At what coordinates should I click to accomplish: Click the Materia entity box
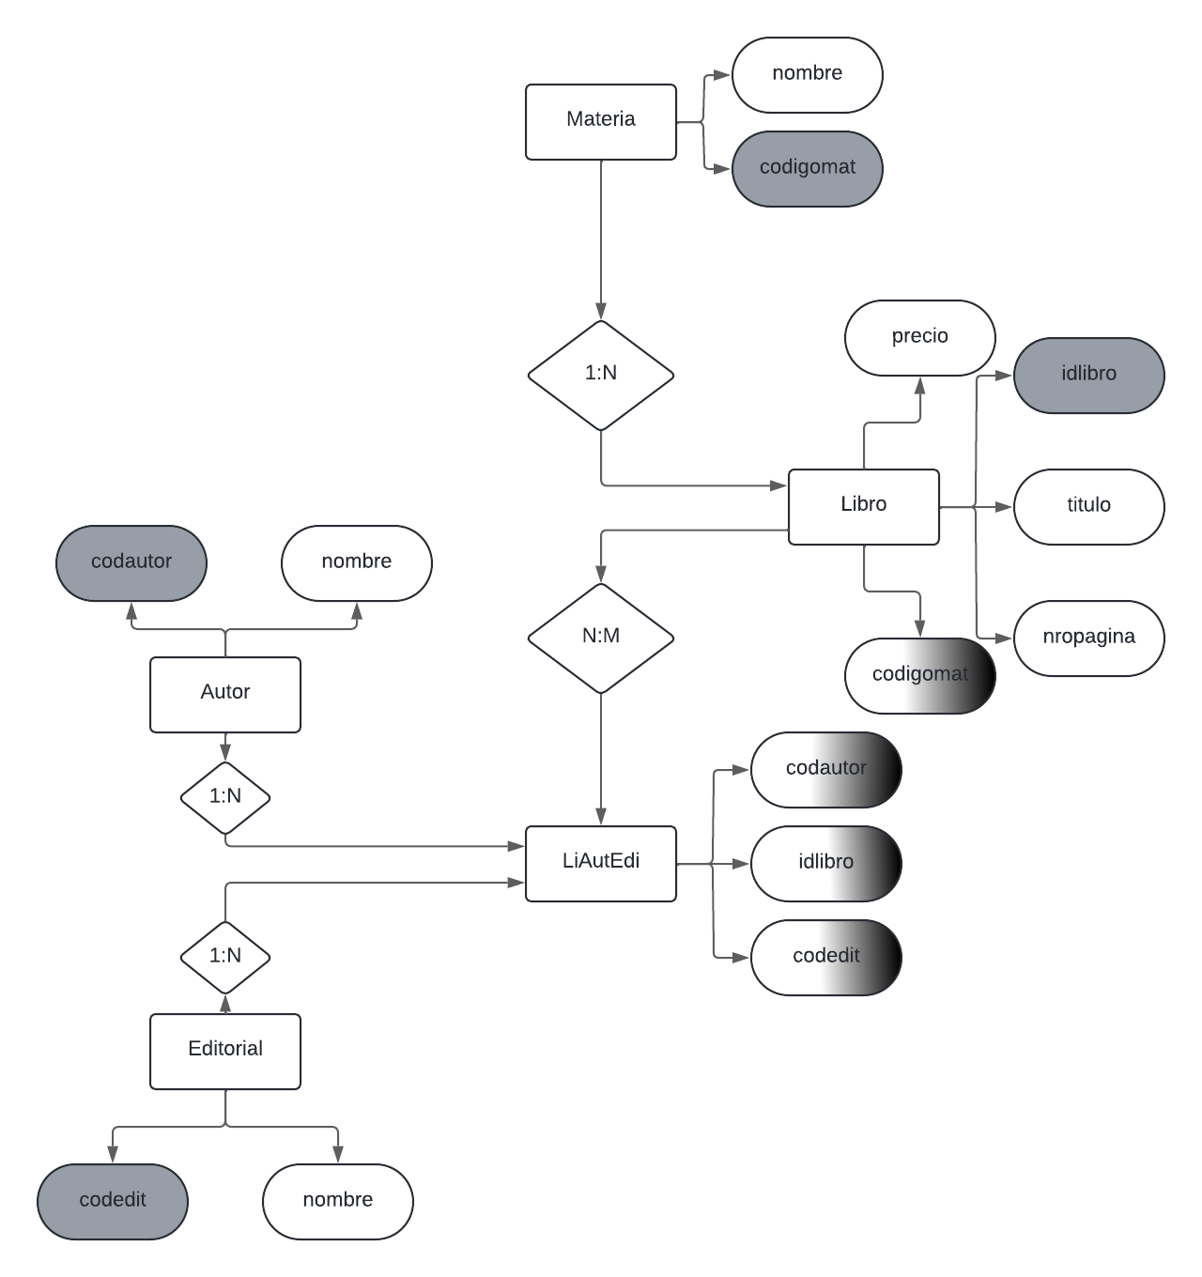pyautogui.click(x=601, y=122)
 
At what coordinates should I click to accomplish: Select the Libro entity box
pyautogui.click(x=864, y=506)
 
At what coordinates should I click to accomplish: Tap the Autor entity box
pyautogui.click(x=225, y=694)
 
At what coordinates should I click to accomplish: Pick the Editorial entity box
pyautogui.click(x=225, y=1051)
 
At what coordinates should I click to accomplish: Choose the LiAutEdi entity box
pyautogui.click(x=601, y=863)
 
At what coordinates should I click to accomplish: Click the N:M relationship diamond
pyautogui.click(x=601, y=638)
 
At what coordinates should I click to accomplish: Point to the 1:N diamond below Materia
pyautogui.click(x=601, y=375)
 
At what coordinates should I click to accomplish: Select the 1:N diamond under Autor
pyautogui.click(x=225, y=797)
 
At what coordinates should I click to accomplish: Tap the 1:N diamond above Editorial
pyautogui.click(x=225, y=957)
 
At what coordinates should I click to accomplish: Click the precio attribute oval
pyautogui.click(x=920, y=337)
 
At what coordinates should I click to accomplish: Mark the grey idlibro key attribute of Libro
pyautogui.click(x=1089, y=375)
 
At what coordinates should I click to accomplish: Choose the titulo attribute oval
pyautogui.click(x=1089, y=506)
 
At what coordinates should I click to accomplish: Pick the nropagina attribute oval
pyautogui.click(x=1089, y=638)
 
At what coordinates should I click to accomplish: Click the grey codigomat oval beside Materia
pyautogui.click(x=808, y=168)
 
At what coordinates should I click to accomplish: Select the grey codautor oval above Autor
pyautogui.click(x=131, y=562)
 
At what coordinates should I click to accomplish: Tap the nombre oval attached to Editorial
pyautogui.click(x=338, y=1201)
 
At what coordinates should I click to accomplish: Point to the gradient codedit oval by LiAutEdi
pyautogui.click(x=826, y=957)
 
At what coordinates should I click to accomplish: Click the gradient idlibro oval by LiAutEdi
pyautogui.click(x=826, y=863)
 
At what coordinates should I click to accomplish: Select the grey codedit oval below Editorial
pyautogui.click(x=113, y=1201)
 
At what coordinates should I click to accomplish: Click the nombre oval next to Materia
pyautogui.click(x=808, y=74)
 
